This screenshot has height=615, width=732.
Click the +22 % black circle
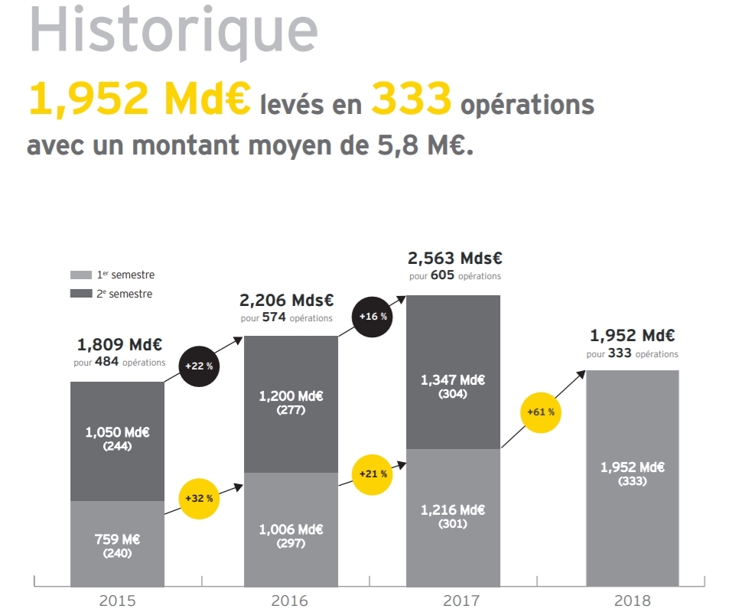click(199, 366)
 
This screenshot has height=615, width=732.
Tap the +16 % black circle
click(373, 317)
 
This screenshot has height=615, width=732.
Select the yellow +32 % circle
click(199, 498)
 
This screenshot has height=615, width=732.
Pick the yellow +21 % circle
click(373, 474)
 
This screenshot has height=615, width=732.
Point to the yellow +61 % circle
click(540, 412)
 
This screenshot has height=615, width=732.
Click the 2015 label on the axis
click(118, 601)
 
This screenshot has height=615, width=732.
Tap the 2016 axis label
click(291, 601)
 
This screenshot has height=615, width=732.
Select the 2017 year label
click(453, 601)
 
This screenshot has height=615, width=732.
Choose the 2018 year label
click(632, 601)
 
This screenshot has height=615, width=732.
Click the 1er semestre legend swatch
click(81, 275)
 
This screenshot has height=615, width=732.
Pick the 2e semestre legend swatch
click(81, 294)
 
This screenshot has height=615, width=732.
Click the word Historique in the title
click(173, 31)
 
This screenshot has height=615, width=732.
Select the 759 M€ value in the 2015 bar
click(117, 539)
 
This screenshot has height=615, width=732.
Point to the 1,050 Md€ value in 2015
click(117, 433)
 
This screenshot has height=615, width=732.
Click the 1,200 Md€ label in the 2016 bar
click(291, 396)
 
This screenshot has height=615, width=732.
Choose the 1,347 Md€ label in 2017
click(453, 380)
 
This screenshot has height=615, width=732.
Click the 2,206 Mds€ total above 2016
click(287, 301)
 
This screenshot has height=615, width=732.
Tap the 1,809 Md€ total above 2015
click(119, 345)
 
